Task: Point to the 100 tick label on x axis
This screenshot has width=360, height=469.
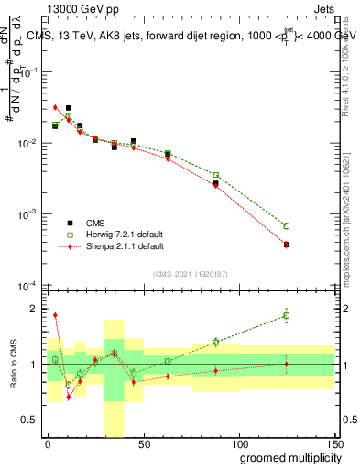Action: click(x=238, y=443)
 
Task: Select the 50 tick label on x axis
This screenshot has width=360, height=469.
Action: click(x=143, y=443)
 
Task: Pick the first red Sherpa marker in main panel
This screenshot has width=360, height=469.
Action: click(x=55, y=108)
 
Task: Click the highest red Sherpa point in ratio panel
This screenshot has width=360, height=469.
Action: click(x=55, y=315)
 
